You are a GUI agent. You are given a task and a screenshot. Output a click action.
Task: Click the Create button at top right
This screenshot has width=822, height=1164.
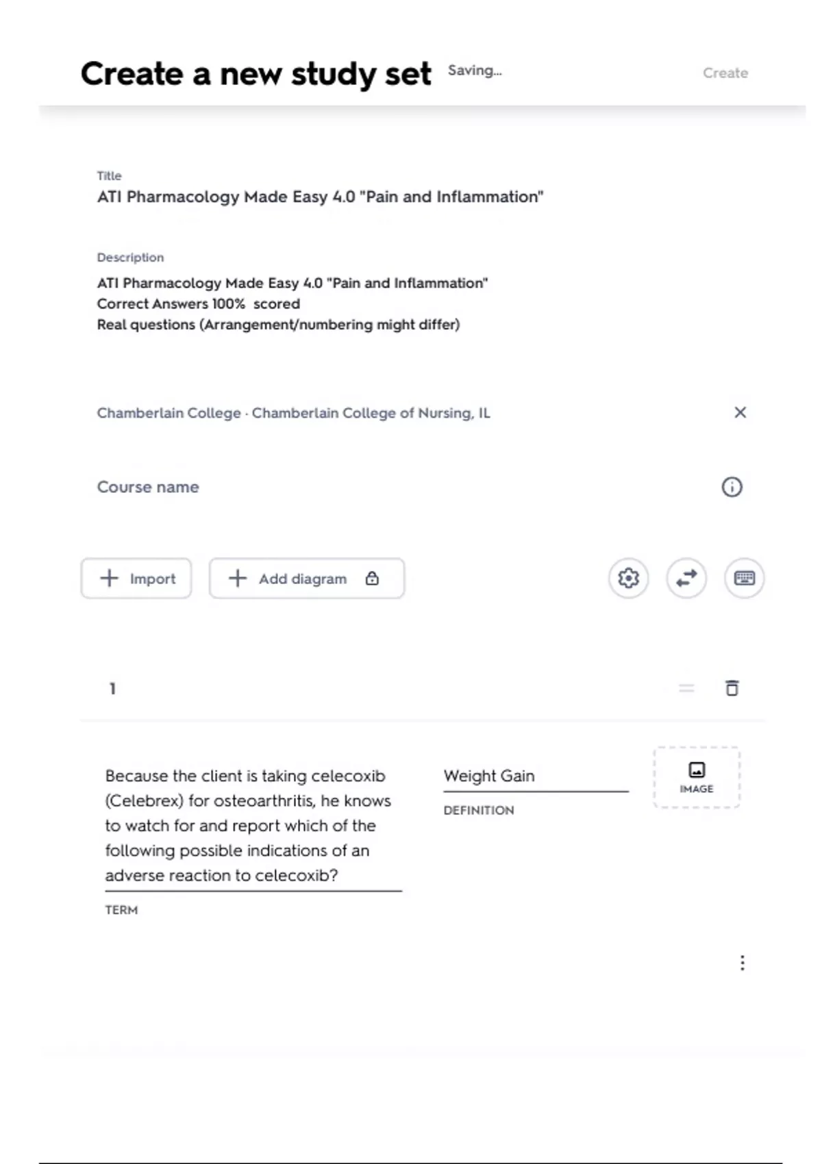[725, 73]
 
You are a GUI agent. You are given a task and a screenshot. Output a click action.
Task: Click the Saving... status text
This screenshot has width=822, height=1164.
[474, 71]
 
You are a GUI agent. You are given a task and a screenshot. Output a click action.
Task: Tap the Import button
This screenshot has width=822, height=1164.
[136, 579]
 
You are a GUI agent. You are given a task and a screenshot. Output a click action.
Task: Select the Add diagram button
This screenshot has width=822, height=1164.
[301, 579]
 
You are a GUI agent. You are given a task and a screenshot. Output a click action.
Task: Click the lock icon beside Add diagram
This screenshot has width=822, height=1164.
[372, 579]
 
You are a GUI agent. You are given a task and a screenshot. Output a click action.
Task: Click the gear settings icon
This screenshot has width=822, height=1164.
[628, 579]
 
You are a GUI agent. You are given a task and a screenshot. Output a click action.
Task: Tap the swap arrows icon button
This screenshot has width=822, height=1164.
[686, 579]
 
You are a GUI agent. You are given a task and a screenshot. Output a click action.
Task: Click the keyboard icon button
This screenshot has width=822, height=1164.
[744, 579]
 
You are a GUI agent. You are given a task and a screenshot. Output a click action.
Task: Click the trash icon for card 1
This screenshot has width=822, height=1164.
[732, 688]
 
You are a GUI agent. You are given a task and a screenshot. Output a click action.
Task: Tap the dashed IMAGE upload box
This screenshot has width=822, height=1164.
[697, 778]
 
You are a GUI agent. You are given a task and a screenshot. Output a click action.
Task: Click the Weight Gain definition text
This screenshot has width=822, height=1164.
[489, 776]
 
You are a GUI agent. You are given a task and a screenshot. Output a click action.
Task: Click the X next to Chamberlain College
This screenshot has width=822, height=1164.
[740, 412]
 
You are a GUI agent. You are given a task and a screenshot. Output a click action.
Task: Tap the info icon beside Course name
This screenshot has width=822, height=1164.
[732, 487]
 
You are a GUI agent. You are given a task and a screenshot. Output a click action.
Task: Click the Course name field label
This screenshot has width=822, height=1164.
[148, 487]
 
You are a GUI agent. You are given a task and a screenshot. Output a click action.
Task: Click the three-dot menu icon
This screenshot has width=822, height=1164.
[742, 963]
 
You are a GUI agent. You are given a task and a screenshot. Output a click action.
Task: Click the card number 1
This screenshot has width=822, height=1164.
[112, 688]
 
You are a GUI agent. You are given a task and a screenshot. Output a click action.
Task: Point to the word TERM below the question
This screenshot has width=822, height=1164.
[121, 910]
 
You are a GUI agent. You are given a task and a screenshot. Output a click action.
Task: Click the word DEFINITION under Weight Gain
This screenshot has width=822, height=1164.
[478, 811]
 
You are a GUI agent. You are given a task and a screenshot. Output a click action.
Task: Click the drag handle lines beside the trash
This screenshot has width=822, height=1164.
[686, 688]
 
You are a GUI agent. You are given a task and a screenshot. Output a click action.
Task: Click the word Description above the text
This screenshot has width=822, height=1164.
[130, 257]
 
